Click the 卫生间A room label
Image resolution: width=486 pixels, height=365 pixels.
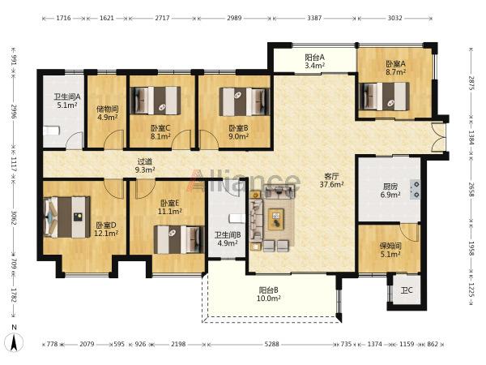pyautogui.click(x=67, y=101)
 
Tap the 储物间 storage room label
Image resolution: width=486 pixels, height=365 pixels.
pyautogui.click(x=107, y=114)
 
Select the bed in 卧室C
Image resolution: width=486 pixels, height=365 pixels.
pyautogui.click(x=156, y=101)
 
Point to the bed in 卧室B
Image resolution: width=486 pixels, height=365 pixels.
pyautogui.click(x=245, y=101)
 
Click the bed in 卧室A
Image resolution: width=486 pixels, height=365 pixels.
pyautogui.click(x=384, y=96)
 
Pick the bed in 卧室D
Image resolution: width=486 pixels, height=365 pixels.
pyautogui.click(x=67, y=217)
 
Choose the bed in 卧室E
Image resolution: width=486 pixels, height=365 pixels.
pyautogui.click(x=179, y=239)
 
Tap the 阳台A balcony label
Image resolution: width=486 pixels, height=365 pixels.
pyautogui.click(x=314, y=62)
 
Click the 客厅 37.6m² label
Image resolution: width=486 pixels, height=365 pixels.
pyautogui.click(x=331, y=181)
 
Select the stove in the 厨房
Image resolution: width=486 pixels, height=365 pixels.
pyautogui.click(x=415, y=189)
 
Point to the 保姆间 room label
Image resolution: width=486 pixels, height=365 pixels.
pyautogui.click(x=390, y=250)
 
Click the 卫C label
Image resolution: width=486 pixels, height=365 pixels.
pyautogui.click(x=407, y=290)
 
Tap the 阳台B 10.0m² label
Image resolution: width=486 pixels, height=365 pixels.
pyautogui.click(x=269, y=294)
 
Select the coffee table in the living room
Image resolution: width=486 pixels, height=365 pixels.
pyautogui.click(x=276, y=219)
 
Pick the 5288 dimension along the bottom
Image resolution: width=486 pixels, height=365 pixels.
pyautogui.click(x=272, y=344)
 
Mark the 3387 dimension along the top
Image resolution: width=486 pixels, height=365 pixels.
pyautogui.click(x=314, y=18)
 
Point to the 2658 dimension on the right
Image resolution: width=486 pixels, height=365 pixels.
pyautogui.click(x=471, y=189)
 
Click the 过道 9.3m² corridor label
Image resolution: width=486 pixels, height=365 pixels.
pyautogui.click(x=145, y=165)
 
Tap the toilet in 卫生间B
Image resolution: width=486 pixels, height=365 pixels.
pyautogui.click(x=237, y=218)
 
